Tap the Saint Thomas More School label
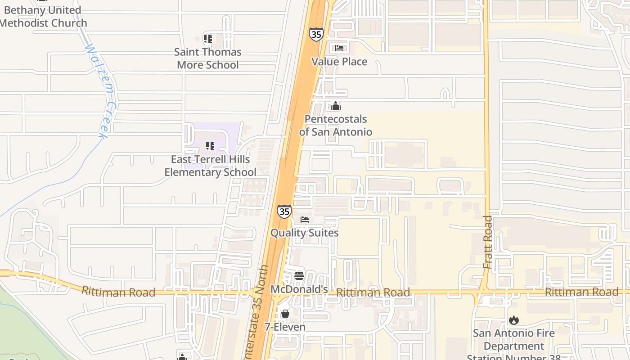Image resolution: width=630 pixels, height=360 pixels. [207, 58]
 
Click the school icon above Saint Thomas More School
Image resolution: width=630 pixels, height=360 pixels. [207, 39]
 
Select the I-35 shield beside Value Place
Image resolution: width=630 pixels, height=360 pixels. [316, 34]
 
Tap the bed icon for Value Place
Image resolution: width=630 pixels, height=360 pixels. [339, 48]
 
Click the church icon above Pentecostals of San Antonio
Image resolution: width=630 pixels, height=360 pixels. [336, 106]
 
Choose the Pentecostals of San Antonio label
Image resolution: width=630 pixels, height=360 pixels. [336, 126]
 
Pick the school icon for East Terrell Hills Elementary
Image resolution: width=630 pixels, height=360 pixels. [210, 146]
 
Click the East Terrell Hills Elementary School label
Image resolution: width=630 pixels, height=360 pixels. [210, 166]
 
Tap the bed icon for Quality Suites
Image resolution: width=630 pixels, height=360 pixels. [305, 220]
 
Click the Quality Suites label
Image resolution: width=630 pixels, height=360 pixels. [304, 233]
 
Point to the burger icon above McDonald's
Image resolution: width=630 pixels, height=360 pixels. [299, 275]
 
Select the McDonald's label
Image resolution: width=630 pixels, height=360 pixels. [299, 289]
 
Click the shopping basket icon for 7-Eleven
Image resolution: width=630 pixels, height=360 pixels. [285, 314]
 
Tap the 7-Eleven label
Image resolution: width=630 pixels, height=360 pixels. [285, 327]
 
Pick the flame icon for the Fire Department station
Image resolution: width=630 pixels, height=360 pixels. [513, 320]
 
